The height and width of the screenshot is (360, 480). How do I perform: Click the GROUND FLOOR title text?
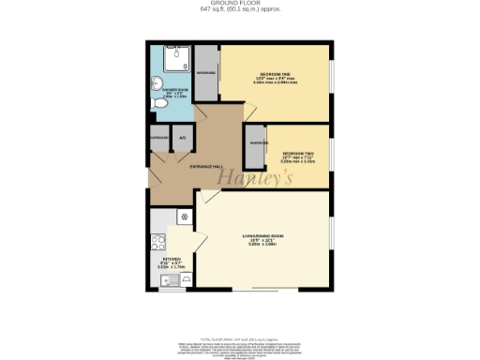[x=240, y=5]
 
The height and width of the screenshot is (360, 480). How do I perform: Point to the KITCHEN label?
[x=172, y=258]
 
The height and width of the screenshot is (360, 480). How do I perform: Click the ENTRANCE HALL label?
[x=206, y=167]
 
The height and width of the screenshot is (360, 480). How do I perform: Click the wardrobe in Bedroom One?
[x=207, y=72]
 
